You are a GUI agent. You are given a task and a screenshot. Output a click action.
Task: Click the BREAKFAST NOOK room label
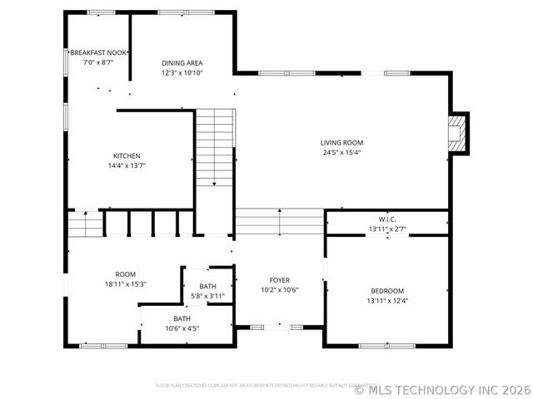(x=97, y=52)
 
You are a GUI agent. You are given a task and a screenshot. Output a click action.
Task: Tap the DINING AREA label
(x=182, y=63)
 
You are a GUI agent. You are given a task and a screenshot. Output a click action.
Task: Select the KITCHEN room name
(x=127, y=155)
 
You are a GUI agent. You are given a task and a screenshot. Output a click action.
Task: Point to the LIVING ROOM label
(x=342, y=142)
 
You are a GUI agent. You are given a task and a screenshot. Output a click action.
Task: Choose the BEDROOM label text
(x=387, y=291)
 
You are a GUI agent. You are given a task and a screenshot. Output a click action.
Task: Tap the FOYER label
(x=279, y=280)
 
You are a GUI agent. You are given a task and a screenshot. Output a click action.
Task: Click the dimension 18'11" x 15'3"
(x=126, y=284)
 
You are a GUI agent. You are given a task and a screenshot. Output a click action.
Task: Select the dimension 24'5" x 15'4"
(x=342, y=152)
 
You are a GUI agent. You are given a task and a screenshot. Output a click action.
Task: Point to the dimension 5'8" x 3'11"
(x=207, y=296)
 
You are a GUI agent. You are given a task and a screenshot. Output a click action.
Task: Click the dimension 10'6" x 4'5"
(x=182, y=328)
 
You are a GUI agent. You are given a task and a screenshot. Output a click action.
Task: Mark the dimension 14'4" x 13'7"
(x=127, y=165)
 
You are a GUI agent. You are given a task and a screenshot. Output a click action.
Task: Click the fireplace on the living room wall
(x=456, y=133)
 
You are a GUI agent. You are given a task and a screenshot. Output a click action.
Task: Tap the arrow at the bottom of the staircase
(x=215, y=183)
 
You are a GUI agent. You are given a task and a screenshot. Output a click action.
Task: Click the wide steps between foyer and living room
(x=279, y=223)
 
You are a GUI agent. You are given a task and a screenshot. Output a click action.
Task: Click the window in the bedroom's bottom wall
(x=386, y=345)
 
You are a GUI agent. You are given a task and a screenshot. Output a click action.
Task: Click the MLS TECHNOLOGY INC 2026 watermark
(x=441, y=388)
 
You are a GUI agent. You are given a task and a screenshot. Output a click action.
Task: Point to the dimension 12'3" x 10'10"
(x=182, y=73)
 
